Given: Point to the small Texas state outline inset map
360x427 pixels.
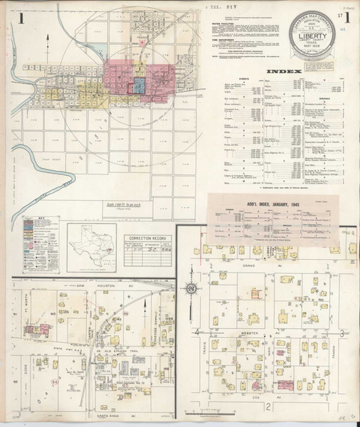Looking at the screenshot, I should click(x=92, y=239).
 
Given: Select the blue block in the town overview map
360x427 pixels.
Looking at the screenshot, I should click(x=139, y=86).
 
